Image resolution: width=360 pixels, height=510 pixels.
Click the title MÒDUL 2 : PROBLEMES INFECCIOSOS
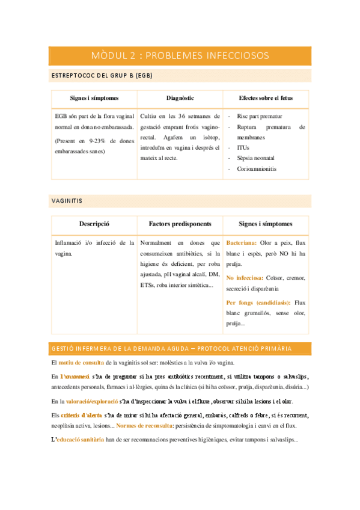[180, 56]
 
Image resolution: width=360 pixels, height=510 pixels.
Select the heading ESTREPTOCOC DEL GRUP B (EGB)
[102, 76]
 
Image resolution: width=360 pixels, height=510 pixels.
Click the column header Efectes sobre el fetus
[265, 98]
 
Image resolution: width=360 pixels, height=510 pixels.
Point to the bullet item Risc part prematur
[260, 116]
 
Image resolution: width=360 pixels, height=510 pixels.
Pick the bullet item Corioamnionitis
[257, 169]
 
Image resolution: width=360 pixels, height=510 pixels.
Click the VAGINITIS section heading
[67, 200]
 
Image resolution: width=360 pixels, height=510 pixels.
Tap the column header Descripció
[94, 224]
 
